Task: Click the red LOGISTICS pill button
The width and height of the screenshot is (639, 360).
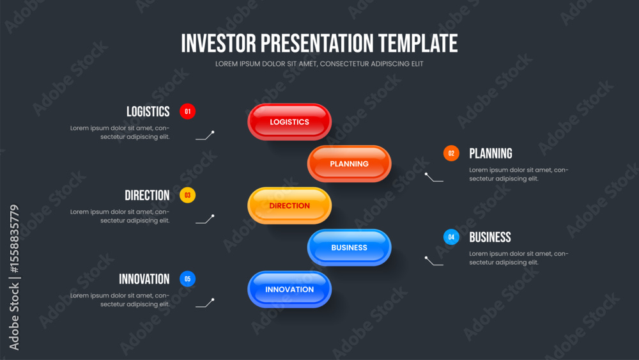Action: click(x=289, y=122)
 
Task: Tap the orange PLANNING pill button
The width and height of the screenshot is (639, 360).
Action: click(x=350, y=164)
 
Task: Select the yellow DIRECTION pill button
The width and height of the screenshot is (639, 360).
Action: click(x=289, y=205)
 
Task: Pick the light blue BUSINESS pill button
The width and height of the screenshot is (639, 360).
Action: click(x=350, y=247)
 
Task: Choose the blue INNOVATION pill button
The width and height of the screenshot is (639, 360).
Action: click(x=289, y=290)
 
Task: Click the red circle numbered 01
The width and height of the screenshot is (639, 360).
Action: click(x=187, y=111)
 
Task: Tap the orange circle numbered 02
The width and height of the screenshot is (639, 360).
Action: click(x=451, y=153)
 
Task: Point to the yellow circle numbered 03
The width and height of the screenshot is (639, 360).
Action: click(x=187, y=195)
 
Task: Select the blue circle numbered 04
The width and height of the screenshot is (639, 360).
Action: click(x=451, y=237)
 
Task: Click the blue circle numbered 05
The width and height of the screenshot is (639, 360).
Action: click(x=187, y=279)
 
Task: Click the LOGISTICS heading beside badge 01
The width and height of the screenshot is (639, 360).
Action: click(x=148, y=112)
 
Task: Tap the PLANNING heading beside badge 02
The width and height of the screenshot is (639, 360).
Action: click(x=491, y=153)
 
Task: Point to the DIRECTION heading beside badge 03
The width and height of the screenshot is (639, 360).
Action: click(x=147, y=196)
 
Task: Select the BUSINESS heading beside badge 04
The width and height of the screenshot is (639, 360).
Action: click(x=490, y=237)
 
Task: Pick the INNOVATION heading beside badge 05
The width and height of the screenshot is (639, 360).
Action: click(x=144, y=279)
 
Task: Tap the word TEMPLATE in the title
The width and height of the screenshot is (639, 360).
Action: click(x=418, y=43)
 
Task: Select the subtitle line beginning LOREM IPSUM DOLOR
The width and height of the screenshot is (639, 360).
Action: click(x=319, y=64)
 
